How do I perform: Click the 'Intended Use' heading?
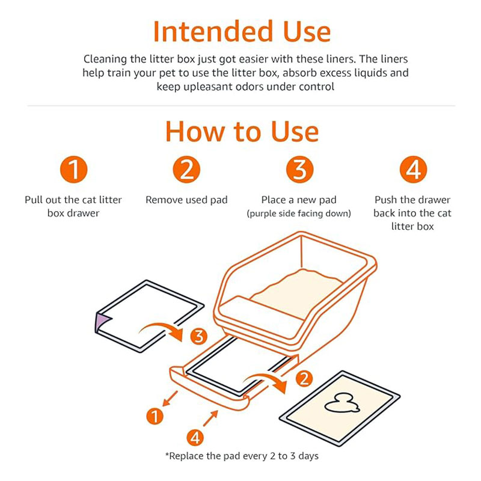pos(242,31)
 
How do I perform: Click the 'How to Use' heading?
pos(242,130)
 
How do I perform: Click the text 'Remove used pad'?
pos(186,200)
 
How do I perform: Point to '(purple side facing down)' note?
pos(299,214)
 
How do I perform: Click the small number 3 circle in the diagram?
pos(199,337)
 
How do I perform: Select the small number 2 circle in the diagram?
pos(305,379)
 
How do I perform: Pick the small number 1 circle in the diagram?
pos(155,415)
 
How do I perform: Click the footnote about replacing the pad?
pos(242,456)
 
